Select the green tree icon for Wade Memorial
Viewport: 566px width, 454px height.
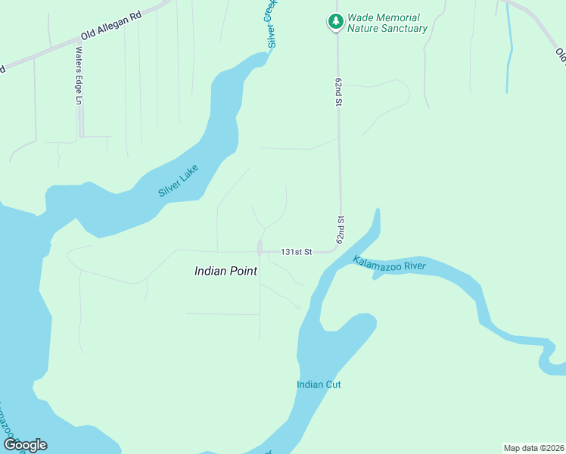[x=334, y=23]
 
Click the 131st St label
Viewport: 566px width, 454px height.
[x=297, y=252]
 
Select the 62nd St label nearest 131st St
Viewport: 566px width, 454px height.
[x=341, y=229]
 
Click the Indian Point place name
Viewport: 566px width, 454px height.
[x=225, y=271]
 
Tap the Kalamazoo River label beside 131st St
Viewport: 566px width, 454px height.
[x=389, y=265]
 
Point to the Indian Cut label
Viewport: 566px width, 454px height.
[x=319, y=384]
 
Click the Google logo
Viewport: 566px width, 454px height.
[x=25, y=445]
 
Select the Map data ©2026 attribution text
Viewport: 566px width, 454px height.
[x=533, y=447]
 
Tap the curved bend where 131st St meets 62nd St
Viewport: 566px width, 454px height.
[x=335, y=249]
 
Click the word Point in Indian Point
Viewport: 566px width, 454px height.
[x=243, y=271]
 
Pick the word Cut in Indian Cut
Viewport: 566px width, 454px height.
[x=332, y=384]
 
